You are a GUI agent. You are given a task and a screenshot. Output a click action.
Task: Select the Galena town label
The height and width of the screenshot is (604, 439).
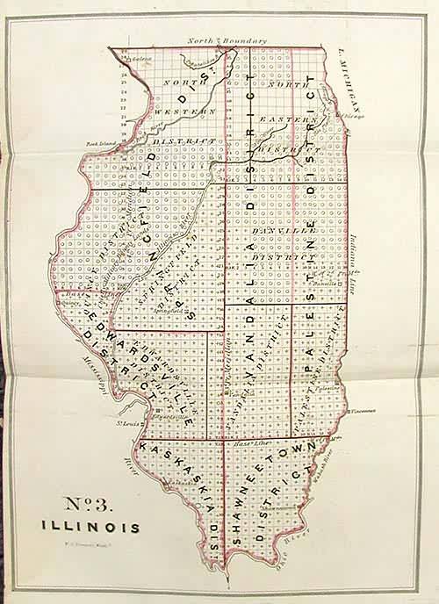coord(134,59)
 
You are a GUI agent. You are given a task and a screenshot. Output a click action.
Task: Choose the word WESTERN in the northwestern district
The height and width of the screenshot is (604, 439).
coord(185,112)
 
